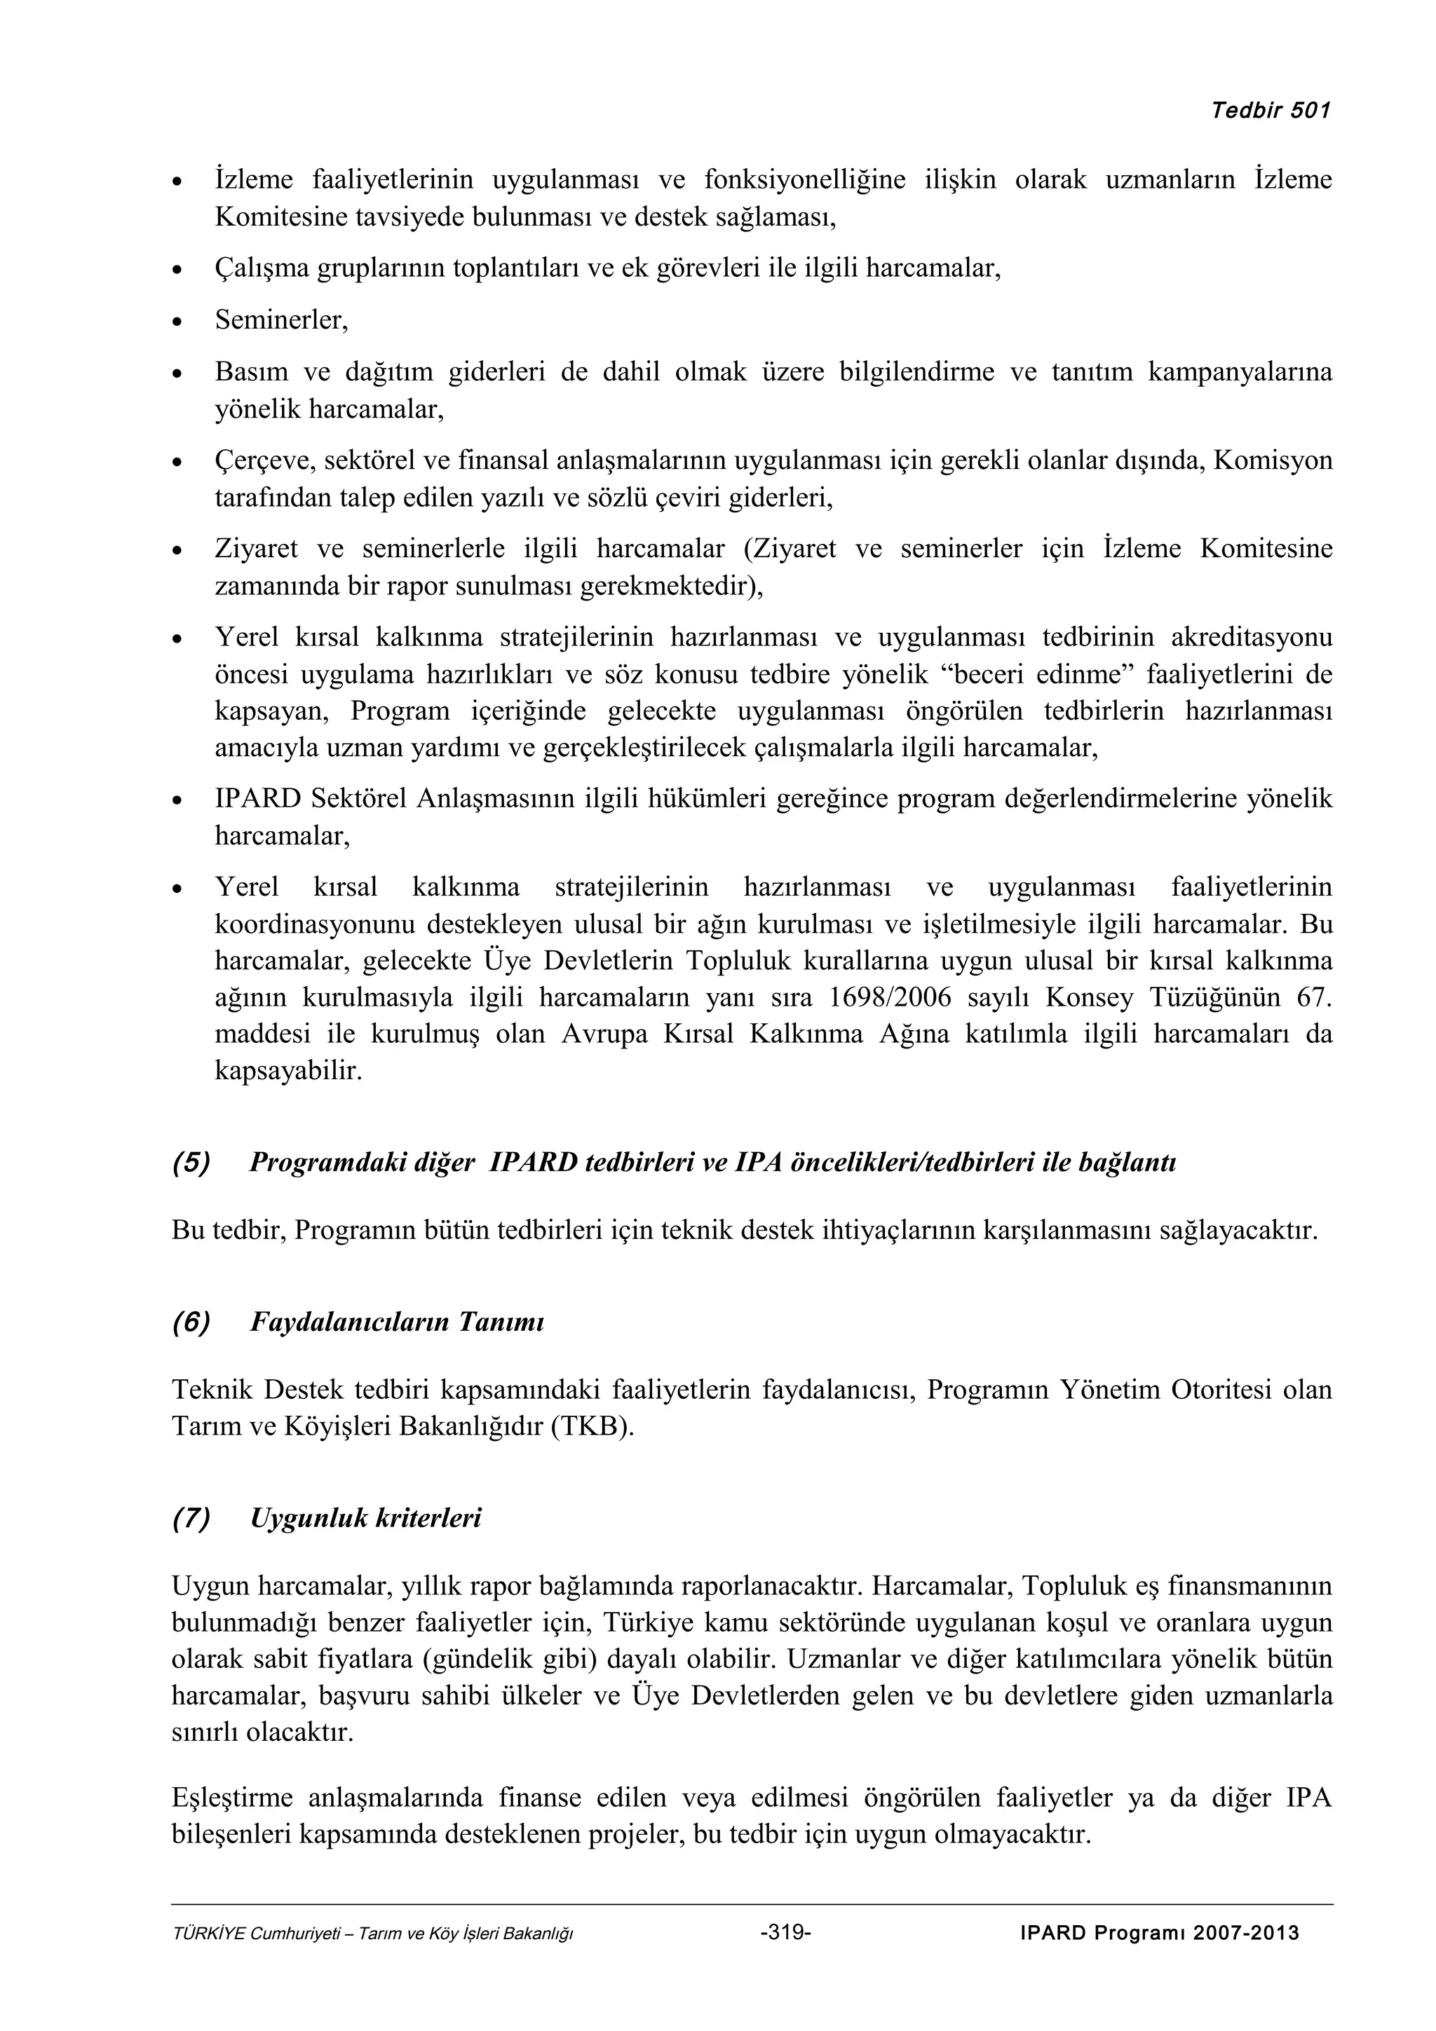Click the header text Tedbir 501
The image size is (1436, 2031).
click(x=1270, y=111)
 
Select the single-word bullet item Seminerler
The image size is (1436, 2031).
click(x=280, y=320)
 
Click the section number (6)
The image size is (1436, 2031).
click(x=191, y=1322)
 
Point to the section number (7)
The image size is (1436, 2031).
click(x=191, y=1518)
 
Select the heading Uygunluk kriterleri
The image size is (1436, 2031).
click(x=365, y=1518)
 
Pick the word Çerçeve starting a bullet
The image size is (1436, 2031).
click(x=266, y=461)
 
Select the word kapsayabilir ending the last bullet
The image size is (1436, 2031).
click(x=287, y=1072)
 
